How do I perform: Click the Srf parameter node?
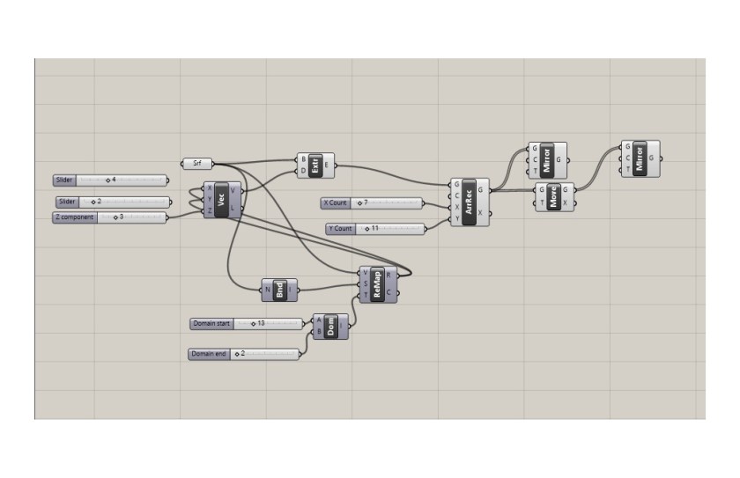tap(197, 163)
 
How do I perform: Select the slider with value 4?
tap(110, 180)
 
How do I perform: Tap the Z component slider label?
tap(75, 217)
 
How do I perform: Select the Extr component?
tap(314, 165)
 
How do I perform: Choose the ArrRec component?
tap(469, 202)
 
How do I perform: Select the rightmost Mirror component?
tap(640, 158)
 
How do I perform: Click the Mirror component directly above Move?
tap(547, 160)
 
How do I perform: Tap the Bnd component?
tap(279, 289)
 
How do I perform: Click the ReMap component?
tap(378, 283)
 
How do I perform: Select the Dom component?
tap(331, 327)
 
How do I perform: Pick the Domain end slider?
tap(243, 354)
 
